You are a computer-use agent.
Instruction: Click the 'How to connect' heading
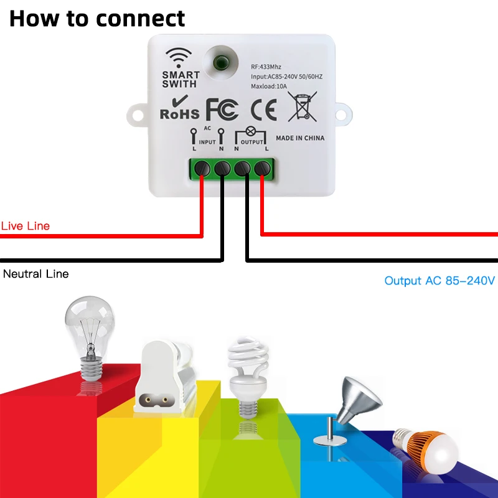click(x=97, y=18)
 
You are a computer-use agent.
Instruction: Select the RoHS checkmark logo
click(x=179, y=108)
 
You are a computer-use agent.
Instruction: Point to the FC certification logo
click(x=222, y=109)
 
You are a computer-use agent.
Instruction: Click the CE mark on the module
click(x=263, y=109)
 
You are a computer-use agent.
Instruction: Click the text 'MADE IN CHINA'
click(x=300, y=138)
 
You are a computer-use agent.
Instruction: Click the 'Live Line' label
click(x=26, y=226)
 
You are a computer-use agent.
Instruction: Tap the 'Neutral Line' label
click(x=36, y=274)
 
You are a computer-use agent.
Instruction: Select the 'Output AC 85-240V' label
click(x=439, y=281)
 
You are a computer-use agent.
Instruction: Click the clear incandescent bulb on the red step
click(x=90, y=336)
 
